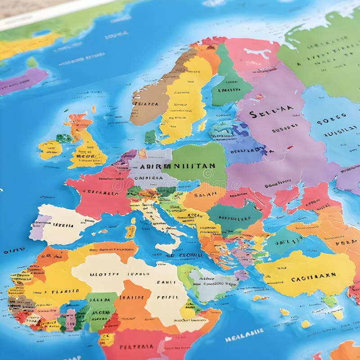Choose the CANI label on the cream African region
click(165, 282)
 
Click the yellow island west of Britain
click(49, 149)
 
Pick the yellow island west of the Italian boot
click(131, 230)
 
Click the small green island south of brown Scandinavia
click(151, 136)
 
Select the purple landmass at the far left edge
click(22, 81)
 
